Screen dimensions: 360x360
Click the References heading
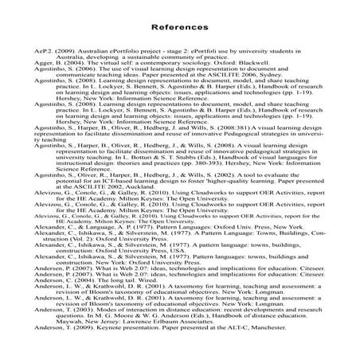179,25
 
